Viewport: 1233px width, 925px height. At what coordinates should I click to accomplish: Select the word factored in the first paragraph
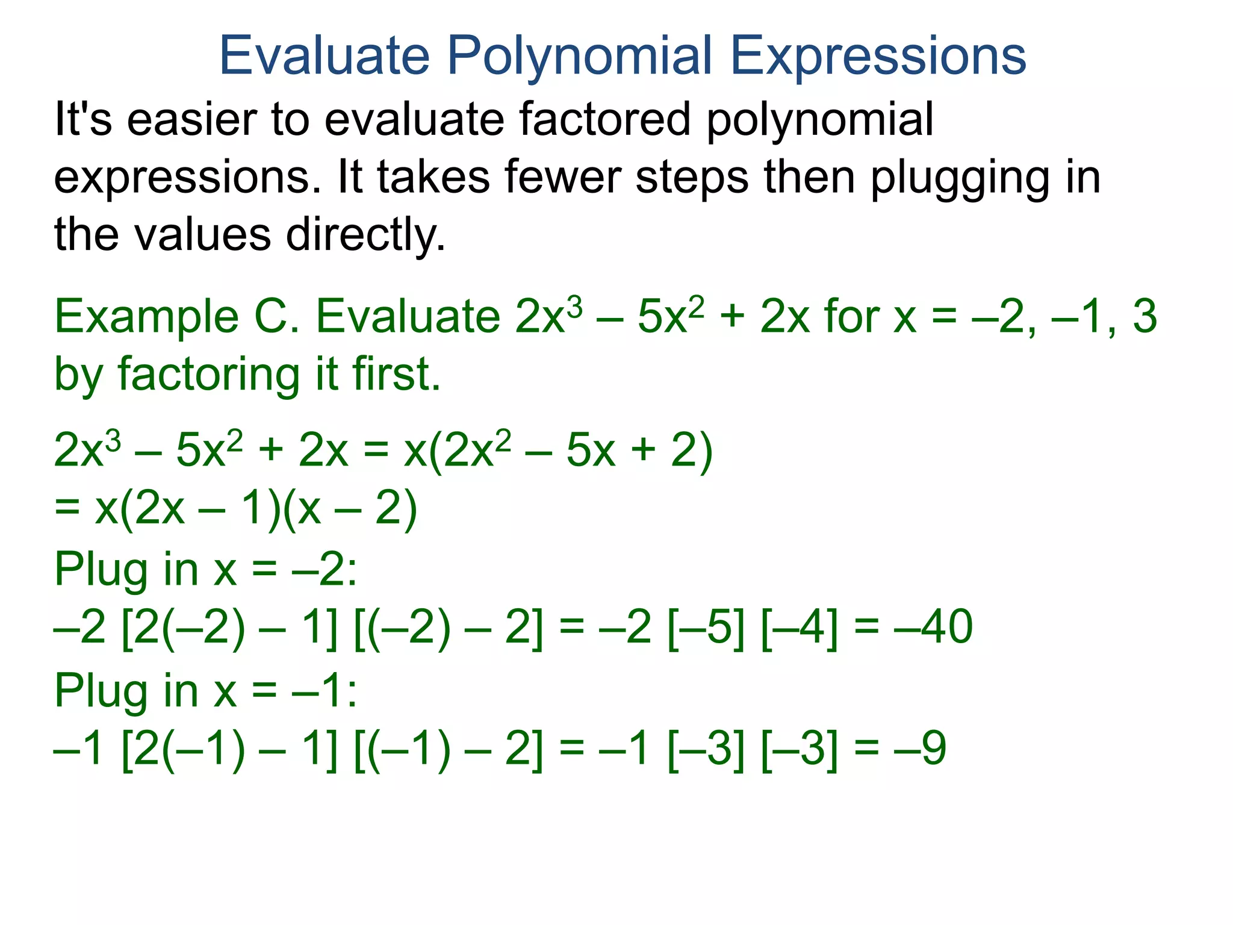604,119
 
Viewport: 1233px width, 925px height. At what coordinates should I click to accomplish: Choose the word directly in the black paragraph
365,235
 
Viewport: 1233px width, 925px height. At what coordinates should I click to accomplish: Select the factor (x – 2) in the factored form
349,509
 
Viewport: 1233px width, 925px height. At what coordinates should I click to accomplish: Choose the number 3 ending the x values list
1144,317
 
